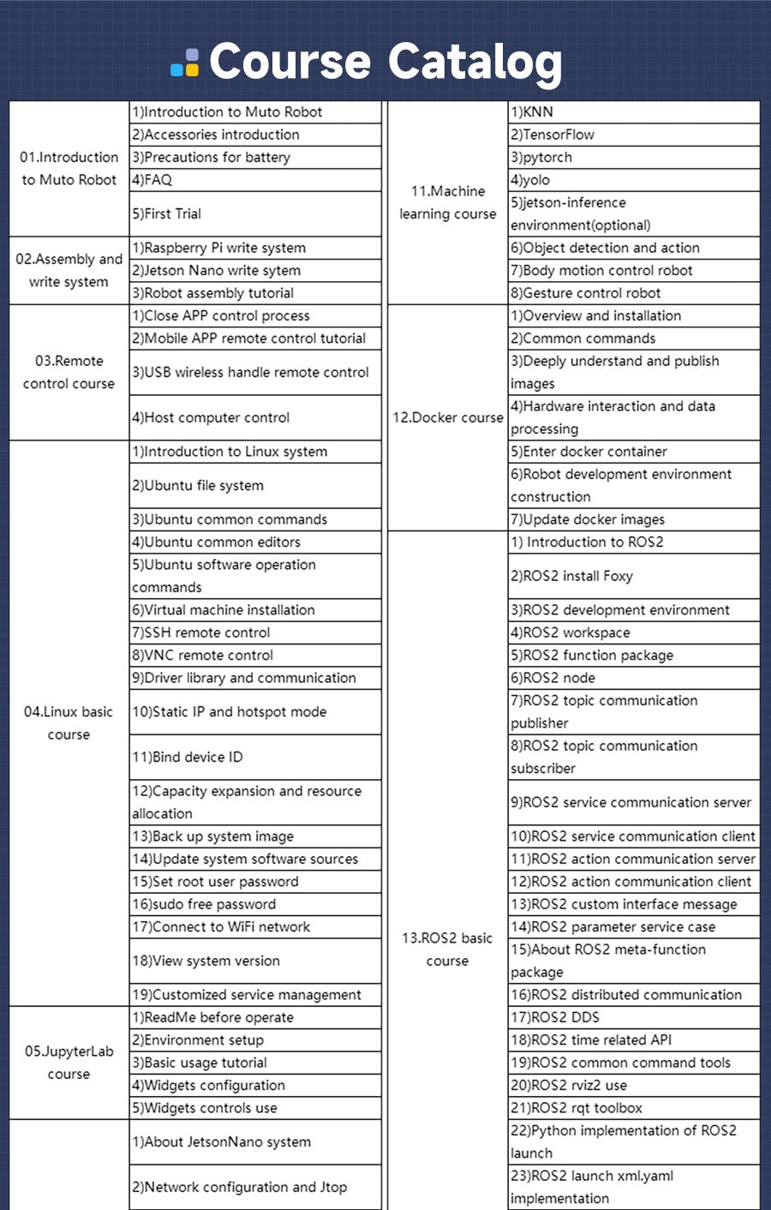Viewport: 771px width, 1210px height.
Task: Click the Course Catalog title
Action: tap(385, 63)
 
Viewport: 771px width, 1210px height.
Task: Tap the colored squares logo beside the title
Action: tap(186, 63)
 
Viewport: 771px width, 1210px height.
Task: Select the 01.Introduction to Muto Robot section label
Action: tap(69, 168)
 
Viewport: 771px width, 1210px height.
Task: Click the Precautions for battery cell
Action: tap(217, 157)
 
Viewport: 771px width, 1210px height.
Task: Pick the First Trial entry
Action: tap(167, 213)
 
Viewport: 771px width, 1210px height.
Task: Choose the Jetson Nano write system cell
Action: tap(216, 270)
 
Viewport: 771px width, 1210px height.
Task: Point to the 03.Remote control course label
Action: tap(69, 372)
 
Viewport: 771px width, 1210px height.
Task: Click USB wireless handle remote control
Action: tap(250, 372)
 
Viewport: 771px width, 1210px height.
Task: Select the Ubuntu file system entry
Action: tap(198, 485)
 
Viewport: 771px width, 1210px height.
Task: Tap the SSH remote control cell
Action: tap(201, 632)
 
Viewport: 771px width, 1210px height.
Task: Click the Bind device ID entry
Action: tap(188, 757)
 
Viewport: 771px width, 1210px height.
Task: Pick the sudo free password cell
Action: tap(204, 904)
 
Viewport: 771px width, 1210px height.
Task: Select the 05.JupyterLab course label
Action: tap(69, 1063)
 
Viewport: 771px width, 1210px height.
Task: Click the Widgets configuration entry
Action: tap(208, 1085)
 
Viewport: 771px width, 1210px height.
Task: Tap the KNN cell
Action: tap(532, 111)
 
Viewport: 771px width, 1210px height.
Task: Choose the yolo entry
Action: tap(530, 180)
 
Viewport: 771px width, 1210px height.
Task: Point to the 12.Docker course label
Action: tap(447, 417)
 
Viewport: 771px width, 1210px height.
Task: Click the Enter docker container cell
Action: tap(589, 452)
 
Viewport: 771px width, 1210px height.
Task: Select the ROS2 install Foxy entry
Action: tap(571, 576)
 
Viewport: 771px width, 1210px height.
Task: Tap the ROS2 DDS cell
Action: tap(555, 1017)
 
